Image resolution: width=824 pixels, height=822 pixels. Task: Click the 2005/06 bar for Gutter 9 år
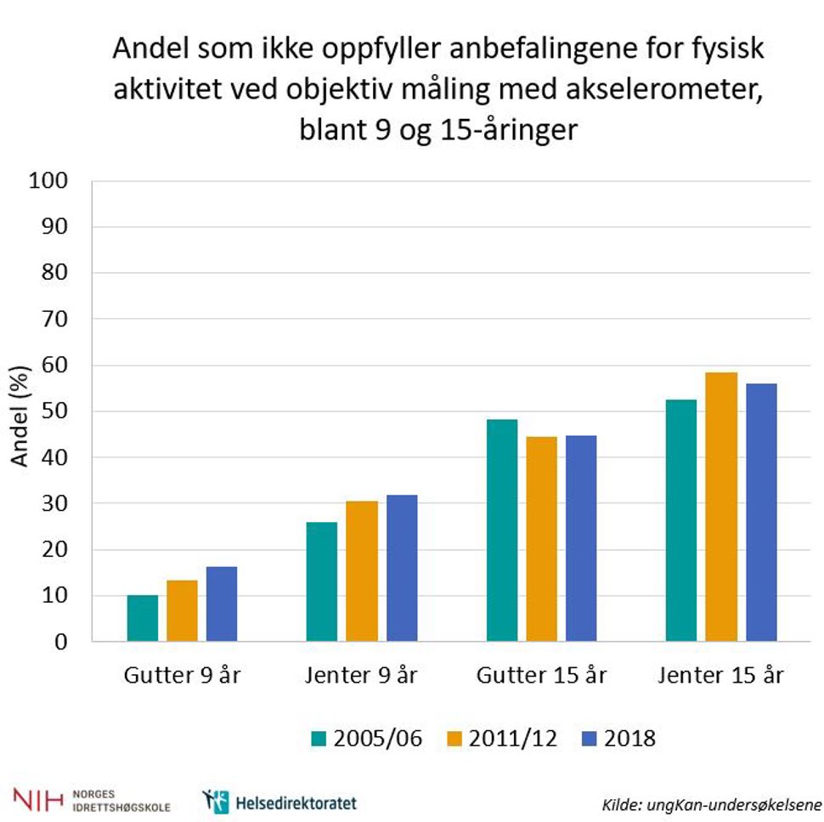[x=142, y=618]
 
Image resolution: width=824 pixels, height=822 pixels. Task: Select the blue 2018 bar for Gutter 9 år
[x=222, y=604]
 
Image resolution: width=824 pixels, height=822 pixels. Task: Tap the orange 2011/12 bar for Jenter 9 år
[x=362, y=571]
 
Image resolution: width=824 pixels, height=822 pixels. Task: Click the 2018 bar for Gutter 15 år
[x=581, y=537]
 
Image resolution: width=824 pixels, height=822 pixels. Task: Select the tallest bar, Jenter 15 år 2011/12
[x=721, y=507]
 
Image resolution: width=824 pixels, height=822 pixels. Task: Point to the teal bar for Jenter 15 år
[x=681, y=520]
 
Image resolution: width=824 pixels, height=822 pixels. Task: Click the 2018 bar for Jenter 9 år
[x=402, y=568]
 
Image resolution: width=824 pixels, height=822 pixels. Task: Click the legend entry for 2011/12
[x=503, y=738]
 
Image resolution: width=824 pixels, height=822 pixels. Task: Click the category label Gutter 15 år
[x=542, y=677]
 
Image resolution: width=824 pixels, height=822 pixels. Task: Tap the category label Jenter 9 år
[x=361, y=677]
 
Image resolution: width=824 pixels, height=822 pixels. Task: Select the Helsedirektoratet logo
[x=280, y=802]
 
